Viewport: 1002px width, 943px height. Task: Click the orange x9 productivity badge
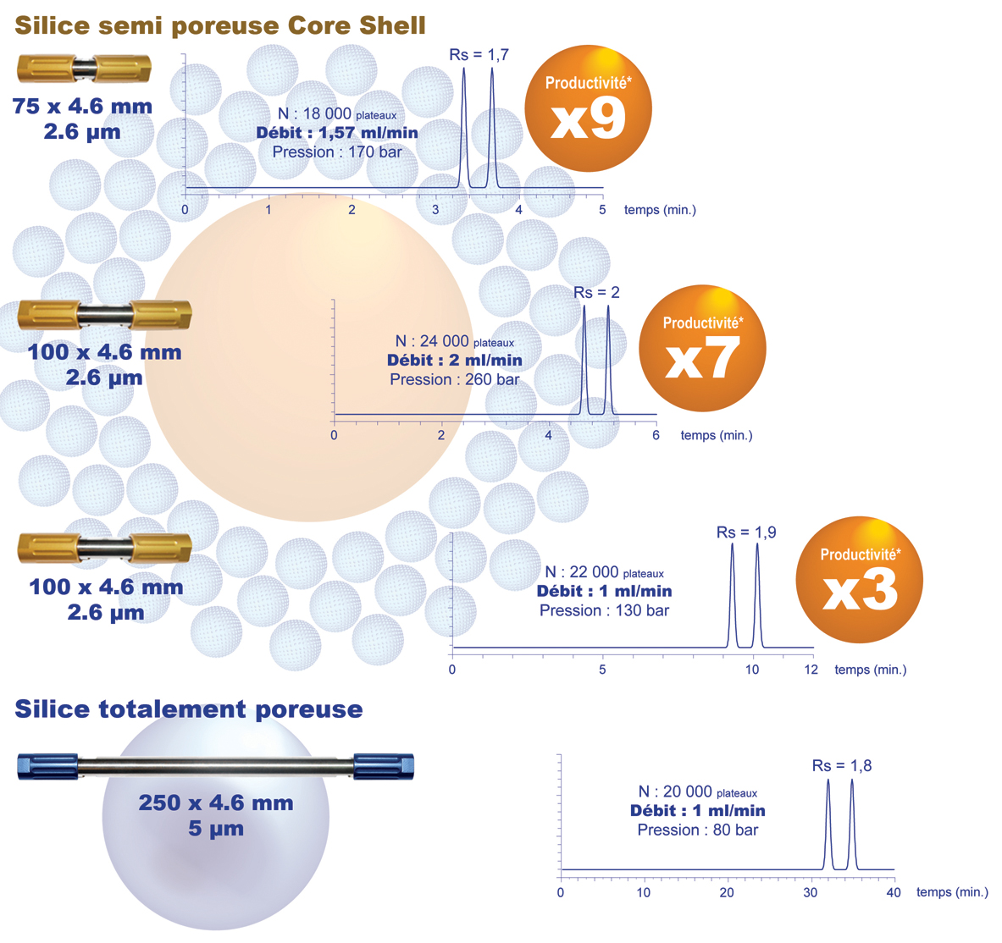[588, 109]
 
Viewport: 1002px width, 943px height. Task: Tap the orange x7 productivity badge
[702, 349]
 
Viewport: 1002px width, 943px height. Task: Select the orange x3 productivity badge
[860, 580]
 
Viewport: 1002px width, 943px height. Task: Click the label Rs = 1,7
[479, 55]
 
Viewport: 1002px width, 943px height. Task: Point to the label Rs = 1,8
[841, 766]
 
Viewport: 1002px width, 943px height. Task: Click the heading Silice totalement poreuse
[189, 709]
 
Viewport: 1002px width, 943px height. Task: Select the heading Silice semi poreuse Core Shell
[220, 25]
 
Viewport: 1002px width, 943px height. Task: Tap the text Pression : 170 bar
[337, 152]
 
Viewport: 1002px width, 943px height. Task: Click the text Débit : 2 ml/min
[455, 361]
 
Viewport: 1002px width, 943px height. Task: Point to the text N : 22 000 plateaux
[604, 572]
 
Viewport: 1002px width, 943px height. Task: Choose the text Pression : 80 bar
[697, 830]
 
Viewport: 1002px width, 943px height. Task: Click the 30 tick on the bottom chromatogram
[811, 892]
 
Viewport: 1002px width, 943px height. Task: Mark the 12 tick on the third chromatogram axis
[811, 670]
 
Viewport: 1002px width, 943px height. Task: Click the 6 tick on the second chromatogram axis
[656, 435]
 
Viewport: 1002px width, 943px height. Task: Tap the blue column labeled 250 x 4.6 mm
[215, 766]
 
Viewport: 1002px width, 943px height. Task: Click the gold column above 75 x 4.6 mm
[84, 68]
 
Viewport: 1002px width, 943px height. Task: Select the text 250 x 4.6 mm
[216, 802]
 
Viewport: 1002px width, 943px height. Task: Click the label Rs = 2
[596, 293]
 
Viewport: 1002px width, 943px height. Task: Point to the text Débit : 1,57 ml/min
[337, 133]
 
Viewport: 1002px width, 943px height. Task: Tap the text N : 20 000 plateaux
[697, 792]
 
